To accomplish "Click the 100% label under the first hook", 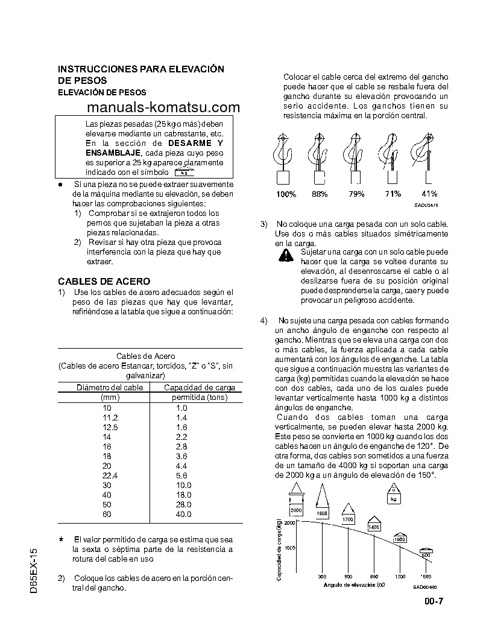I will click(286, 194).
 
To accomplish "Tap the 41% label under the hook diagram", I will click(429, 194).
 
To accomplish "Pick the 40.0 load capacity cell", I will click(183, 514).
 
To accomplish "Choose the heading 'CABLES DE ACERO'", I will click(104, 281).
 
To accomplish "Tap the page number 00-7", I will click(434, 600).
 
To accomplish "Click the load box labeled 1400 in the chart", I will click(373, 524).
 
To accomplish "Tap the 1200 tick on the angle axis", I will click(400, 577).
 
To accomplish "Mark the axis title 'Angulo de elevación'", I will click(354, 585).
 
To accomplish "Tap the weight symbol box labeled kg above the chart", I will click(393, 496).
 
